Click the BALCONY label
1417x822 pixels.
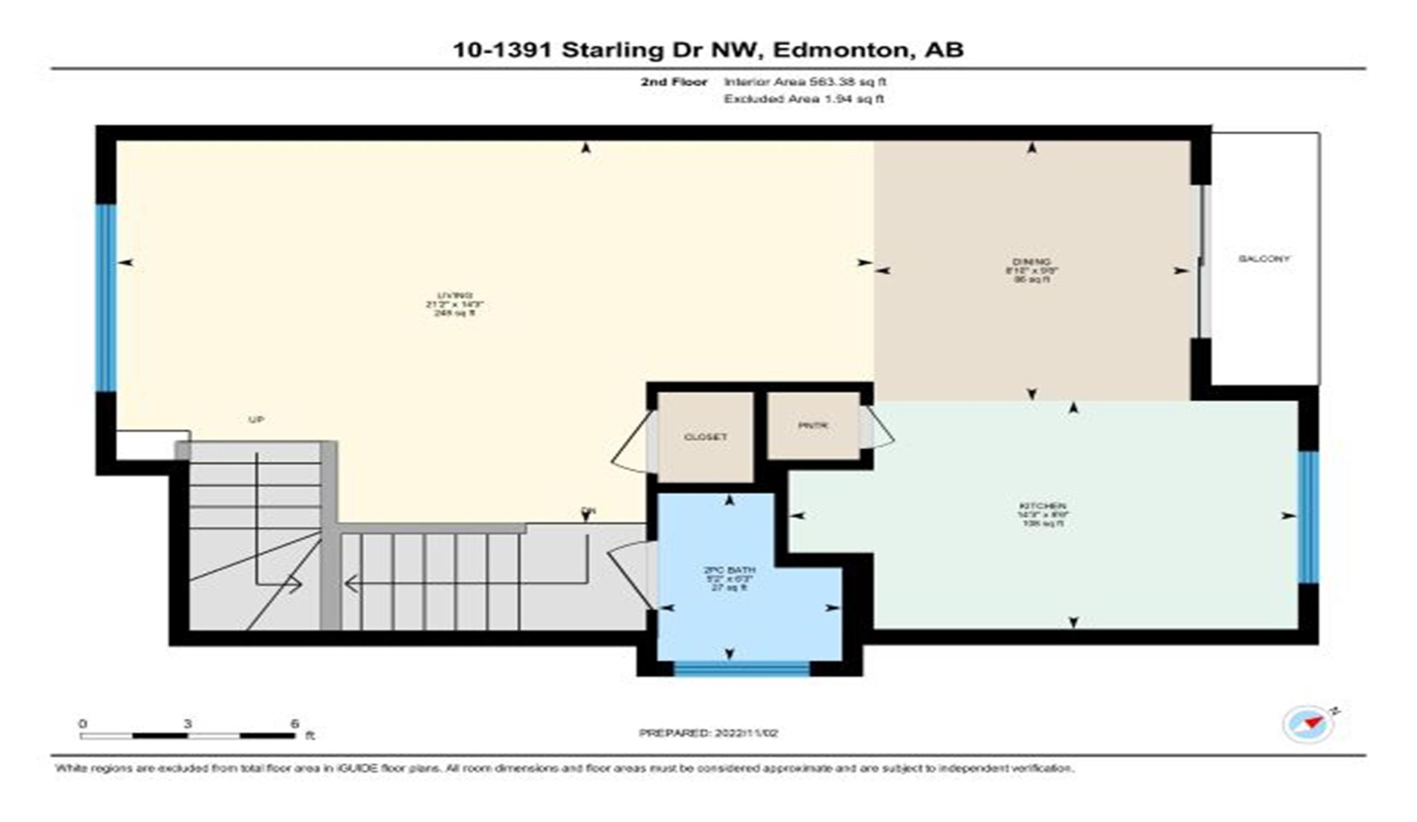click(x=1263, y=259)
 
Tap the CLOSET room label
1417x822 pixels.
click(x=705, y=437)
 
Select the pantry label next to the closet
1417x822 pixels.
click(x=813, y=426)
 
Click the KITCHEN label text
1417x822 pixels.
click(x=1042, y=505)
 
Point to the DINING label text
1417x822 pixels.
click(x=1031, y=262)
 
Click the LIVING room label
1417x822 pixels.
click(x=454, y=295)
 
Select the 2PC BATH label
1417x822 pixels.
click(x=729, y=570)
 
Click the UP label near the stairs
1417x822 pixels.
click(x=256, y=419)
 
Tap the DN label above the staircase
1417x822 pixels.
click(x=588, y=511)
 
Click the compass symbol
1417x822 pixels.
click(x=1308, y=724)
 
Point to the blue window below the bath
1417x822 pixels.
click(x=741, y=668)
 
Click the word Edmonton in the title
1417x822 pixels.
click(x=840, y=49)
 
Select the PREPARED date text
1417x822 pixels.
click(x=708, y=733)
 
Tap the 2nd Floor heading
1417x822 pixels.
click(x=673, y=82)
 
